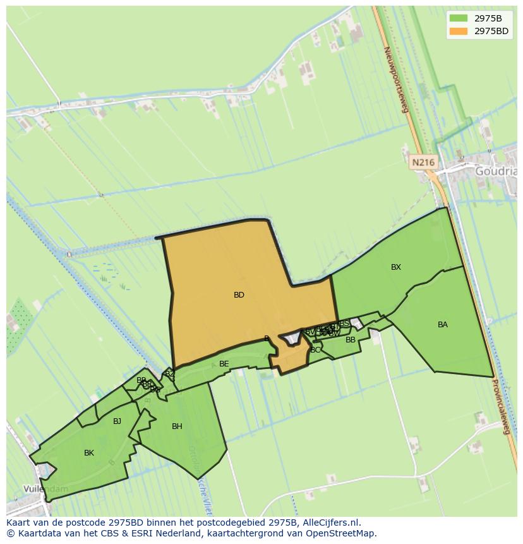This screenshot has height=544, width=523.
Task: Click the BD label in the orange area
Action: [x=239, y=295]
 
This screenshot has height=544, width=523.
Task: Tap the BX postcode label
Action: [x=395, y=267]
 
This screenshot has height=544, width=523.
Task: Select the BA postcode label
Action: [x=442, y=325]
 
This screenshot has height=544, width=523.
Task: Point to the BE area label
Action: [x=224, y=364]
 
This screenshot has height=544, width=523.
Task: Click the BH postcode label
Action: [x=177, y=426]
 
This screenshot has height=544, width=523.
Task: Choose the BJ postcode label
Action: [x=117, y=421]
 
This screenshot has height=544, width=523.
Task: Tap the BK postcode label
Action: [x=89, y=453]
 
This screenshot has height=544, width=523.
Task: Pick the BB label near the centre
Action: [x=350, y=340]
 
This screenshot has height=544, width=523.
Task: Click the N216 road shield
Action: [x=423, y=162]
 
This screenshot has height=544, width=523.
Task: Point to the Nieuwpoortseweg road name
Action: [x=397, y=79]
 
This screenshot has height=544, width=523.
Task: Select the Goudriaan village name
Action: [x=497, y=171]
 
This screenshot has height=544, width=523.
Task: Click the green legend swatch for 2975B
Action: [x=459, y=18]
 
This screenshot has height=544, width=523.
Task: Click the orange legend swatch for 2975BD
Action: [x=459, y=31]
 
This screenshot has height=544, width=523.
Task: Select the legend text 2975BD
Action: [x=492, y=31]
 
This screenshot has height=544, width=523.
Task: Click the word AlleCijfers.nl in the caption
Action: [x=329, y=523]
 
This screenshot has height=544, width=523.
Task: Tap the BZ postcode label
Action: [x=169, y=374]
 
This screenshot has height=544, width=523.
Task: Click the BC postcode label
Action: [x=315, y=350]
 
